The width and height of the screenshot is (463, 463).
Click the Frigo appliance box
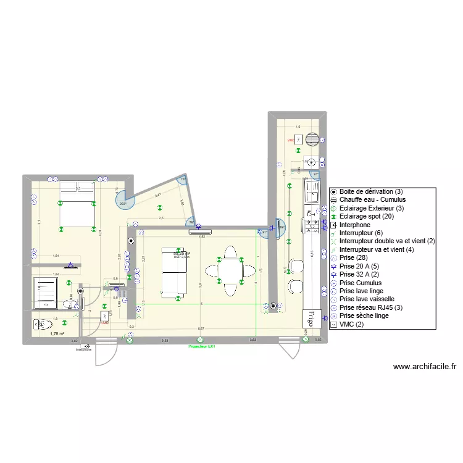click(307, 318)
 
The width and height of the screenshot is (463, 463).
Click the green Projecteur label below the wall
click(201, 346)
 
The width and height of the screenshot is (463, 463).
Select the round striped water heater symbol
click(314, 140)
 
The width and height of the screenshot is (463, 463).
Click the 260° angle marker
click(123, 203)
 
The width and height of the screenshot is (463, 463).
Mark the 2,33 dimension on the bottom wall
click(164, 340)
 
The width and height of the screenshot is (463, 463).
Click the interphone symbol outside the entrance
click(86, 346)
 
